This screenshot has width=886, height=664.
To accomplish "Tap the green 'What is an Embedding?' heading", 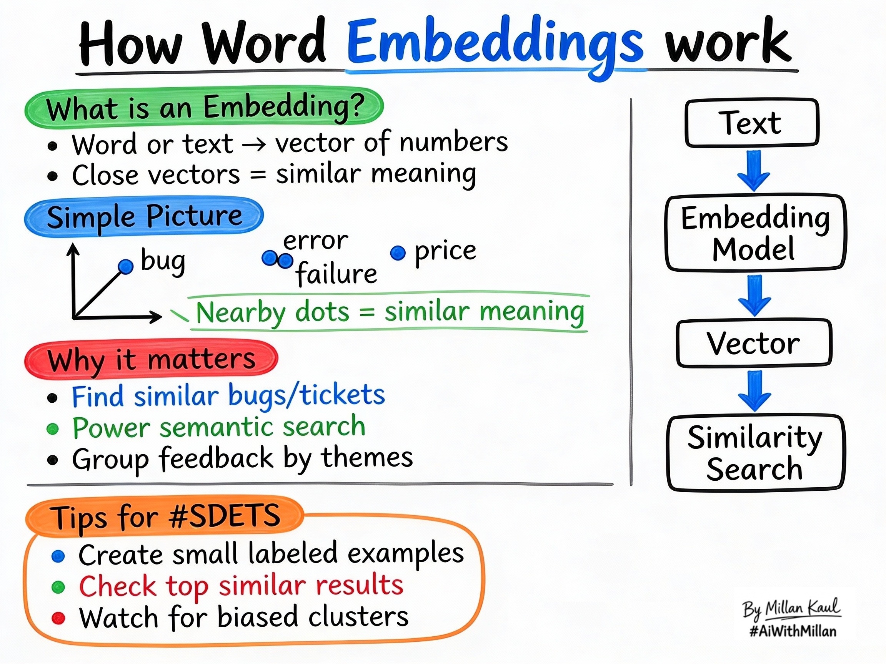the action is (x=204, y=107).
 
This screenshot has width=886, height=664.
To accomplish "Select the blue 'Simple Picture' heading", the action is (x=144, y=216).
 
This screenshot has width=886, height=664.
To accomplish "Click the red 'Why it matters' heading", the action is (x=151, y=359).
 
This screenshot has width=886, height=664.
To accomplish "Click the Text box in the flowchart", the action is (x=752, y=123).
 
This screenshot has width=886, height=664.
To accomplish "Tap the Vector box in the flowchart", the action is (x=754, y=343).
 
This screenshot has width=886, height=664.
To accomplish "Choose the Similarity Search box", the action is (x=755, y=453).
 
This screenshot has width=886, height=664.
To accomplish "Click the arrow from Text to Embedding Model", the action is (x=754, y=171).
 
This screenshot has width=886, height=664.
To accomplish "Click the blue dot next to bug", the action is (x=126, y=266).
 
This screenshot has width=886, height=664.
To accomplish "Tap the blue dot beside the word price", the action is (x=398, y=253).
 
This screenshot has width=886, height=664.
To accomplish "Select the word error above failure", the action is (x=316, y=241).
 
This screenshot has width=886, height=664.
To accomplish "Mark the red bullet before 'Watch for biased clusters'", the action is (x=58, y=618).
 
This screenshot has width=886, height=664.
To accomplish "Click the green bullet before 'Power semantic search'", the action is (x=52, y=429).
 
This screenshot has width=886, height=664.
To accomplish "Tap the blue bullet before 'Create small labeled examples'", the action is (x=58, y=556).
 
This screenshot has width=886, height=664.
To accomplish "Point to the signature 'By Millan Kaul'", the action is (x=791, y=608).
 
